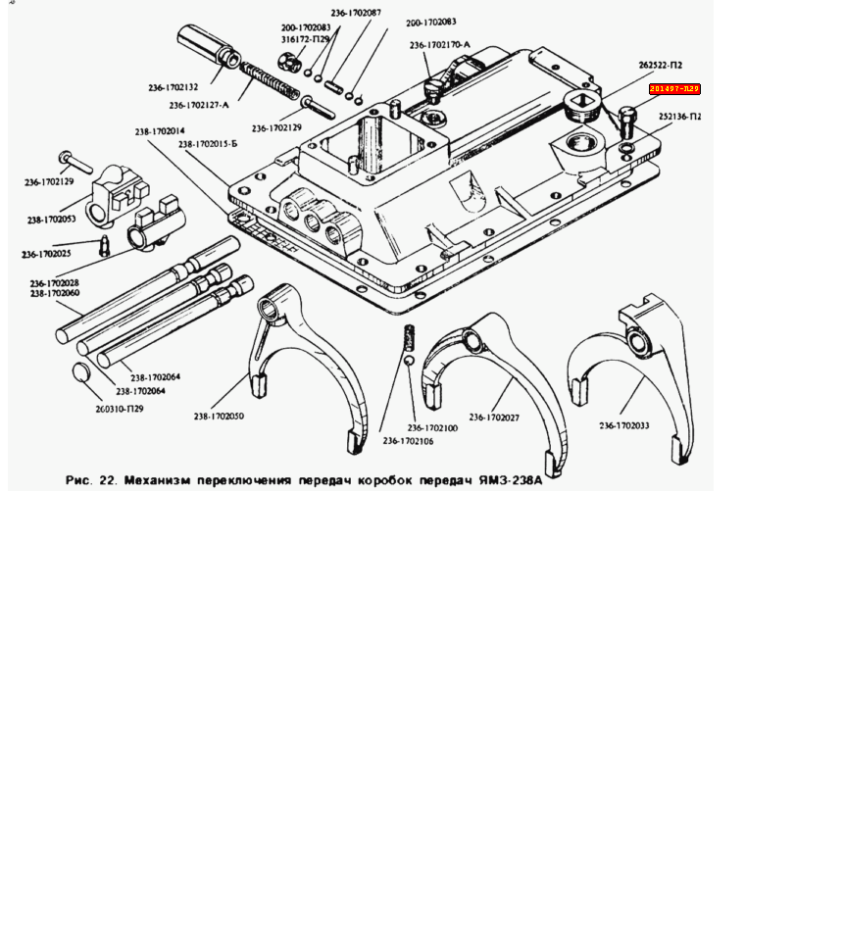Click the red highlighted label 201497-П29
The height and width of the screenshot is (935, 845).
click(x=674, y=89)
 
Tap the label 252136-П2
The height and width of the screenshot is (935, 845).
click(x=679, y=117)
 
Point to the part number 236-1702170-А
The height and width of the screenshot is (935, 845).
click(x=439, y=45)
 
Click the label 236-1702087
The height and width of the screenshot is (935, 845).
click(x=356, y=13)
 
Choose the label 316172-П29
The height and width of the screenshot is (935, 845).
click(x=305, y=39)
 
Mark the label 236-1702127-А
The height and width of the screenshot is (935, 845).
click(x=198, y=105)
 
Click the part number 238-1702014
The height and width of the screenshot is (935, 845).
click(x=167, y=130)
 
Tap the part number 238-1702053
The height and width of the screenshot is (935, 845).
click(x=51, y=219)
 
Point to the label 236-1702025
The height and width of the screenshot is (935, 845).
click(x=46, y=254)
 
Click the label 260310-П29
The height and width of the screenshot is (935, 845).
click(x=120, y=409)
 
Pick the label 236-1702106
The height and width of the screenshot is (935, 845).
click(x=408, y=441)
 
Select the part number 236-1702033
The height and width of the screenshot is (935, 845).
click(x=624, y=425)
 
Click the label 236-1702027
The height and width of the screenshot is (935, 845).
click(x=494, y=418)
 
